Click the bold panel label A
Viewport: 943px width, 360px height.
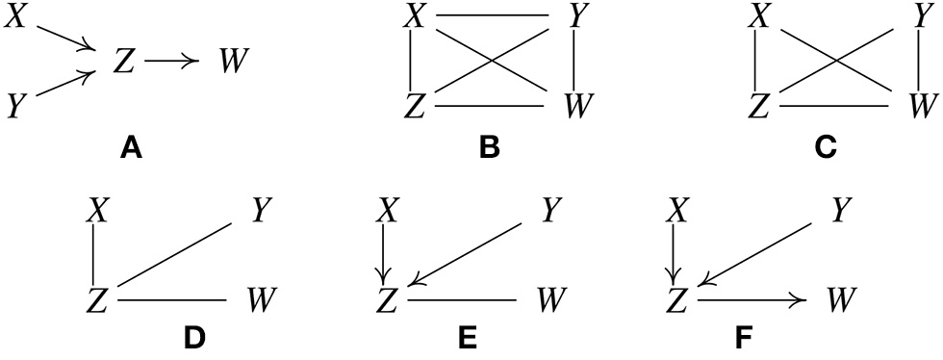(x=132, y=148)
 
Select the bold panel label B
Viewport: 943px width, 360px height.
(x=490, y=148)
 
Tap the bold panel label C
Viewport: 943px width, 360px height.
(x=825, y=148)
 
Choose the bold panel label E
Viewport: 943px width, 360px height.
(x=466, y=338)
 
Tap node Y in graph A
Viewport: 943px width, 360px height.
(x=15, y=104)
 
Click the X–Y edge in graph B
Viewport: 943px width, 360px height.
(x=492, y=15)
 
